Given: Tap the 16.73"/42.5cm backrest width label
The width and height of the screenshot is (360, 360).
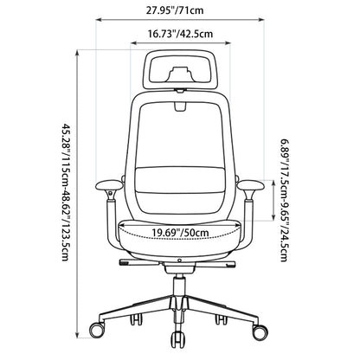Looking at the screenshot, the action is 181,34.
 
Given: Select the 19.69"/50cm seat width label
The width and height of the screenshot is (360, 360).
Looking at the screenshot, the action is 181,232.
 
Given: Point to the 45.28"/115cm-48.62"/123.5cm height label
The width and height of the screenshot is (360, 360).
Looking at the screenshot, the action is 66,192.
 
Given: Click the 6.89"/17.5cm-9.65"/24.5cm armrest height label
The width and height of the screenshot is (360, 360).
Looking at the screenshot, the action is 284,201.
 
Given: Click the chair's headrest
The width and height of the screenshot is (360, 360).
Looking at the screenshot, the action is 180,69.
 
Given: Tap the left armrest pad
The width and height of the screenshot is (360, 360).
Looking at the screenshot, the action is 109,185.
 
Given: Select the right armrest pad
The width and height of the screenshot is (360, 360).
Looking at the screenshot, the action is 251,185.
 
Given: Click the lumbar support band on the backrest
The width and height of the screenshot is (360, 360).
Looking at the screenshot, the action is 180,181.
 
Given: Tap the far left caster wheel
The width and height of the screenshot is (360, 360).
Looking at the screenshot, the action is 97,331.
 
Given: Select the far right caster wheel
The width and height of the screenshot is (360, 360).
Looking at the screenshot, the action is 260,331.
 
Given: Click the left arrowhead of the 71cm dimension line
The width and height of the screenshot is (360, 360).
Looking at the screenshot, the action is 98,20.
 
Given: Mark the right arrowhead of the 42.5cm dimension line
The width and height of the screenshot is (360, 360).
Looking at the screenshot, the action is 228,43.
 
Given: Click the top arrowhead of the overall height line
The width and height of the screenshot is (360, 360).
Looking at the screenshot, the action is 77,54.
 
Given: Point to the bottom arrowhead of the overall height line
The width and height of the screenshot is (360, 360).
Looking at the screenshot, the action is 77,335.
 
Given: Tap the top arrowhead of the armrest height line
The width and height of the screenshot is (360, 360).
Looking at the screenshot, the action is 273,183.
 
